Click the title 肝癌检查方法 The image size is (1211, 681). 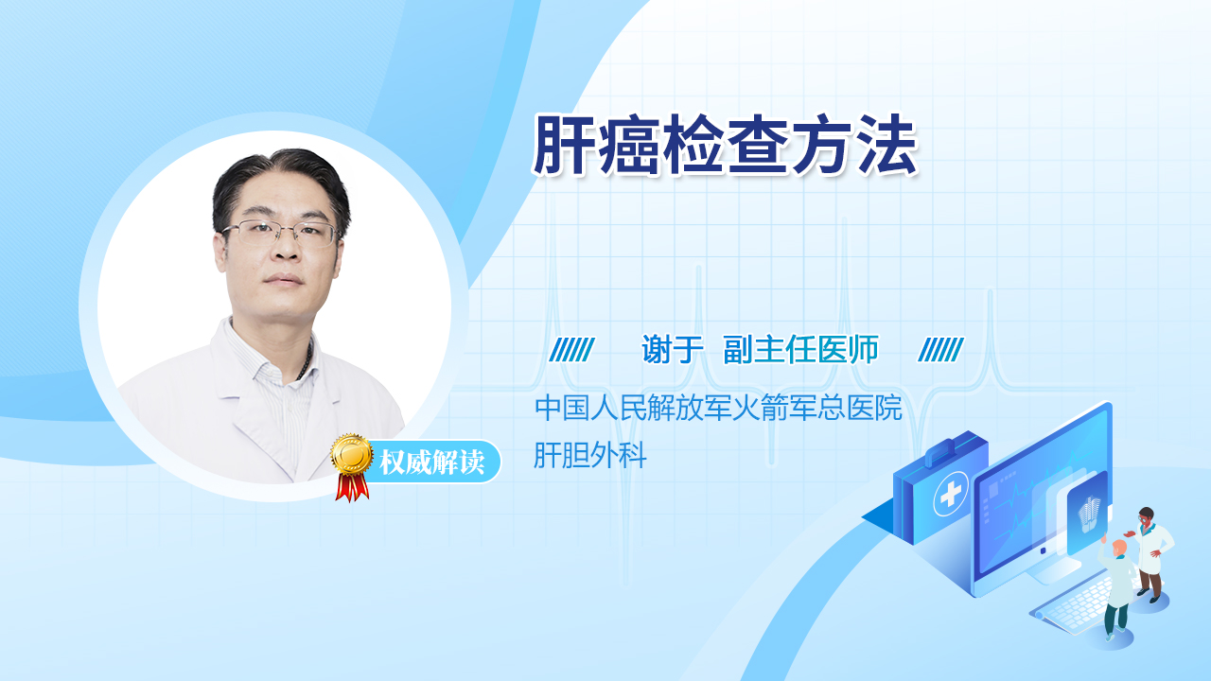(726, 145)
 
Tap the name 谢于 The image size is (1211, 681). (672, 349)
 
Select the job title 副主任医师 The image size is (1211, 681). (801, 349)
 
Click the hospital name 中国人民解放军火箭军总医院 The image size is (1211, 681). (718, 407)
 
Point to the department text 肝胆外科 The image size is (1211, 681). (589, 455)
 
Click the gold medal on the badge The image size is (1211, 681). (352, 455)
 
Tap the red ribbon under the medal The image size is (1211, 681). (352, 487)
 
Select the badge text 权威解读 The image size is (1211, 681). (431, 463)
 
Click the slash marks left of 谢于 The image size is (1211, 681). (571, 350)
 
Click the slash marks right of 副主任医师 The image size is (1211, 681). (940, 350)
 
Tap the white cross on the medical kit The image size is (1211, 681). (951, 494)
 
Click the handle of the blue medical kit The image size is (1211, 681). (945, 451)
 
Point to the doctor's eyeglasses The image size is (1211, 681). (281, 233)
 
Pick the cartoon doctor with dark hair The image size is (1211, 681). (1150, 554)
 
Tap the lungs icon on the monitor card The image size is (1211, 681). (1089, 514)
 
